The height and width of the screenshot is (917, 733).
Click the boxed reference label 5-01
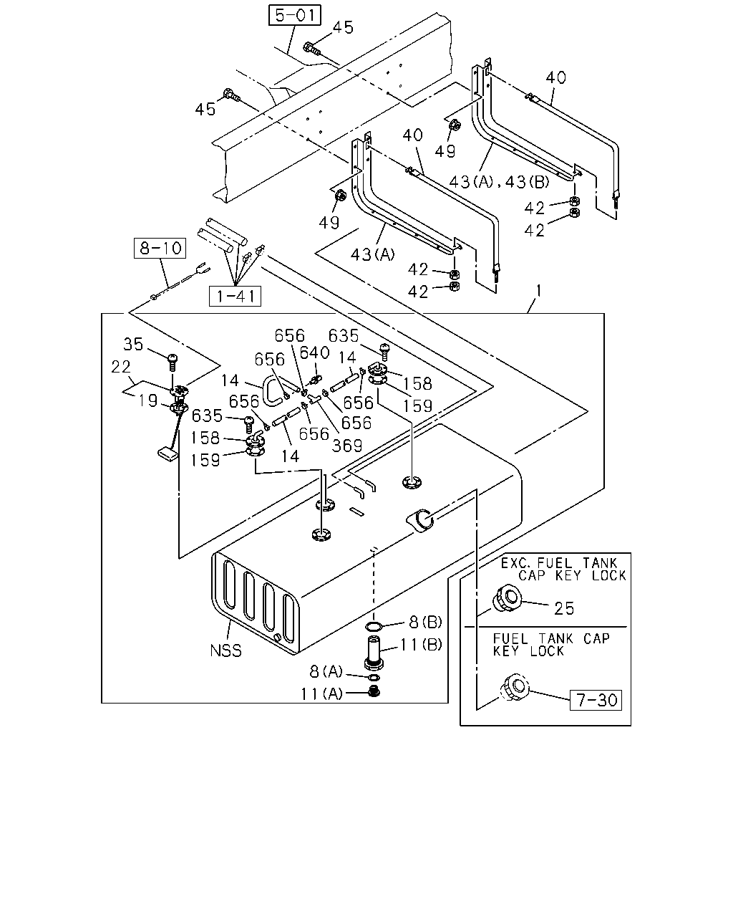[294, 15]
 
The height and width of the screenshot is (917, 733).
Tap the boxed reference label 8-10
[160, 248]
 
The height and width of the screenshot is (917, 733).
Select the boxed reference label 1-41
[235, 296]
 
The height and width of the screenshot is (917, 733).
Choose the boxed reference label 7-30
[596, 700]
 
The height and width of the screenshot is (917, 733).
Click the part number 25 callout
[564, 608]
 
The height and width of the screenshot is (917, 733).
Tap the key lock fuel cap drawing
[515, 687]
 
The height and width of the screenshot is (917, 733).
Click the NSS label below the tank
[225, 650]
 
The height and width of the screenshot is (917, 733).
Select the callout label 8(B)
[425, 622]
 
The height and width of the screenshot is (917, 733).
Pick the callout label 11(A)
[321, 694]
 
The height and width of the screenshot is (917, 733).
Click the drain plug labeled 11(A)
[374, 691]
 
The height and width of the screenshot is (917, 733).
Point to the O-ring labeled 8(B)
[374, 626]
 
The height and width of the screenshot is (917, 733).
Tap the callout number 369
[346, 446]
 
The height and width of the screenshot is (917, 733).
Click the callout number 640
[314, 352]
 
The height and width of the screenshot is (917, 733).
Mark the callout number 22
[120, 367]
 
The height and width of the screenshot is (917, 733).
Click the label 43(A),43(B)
[499, 183]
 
